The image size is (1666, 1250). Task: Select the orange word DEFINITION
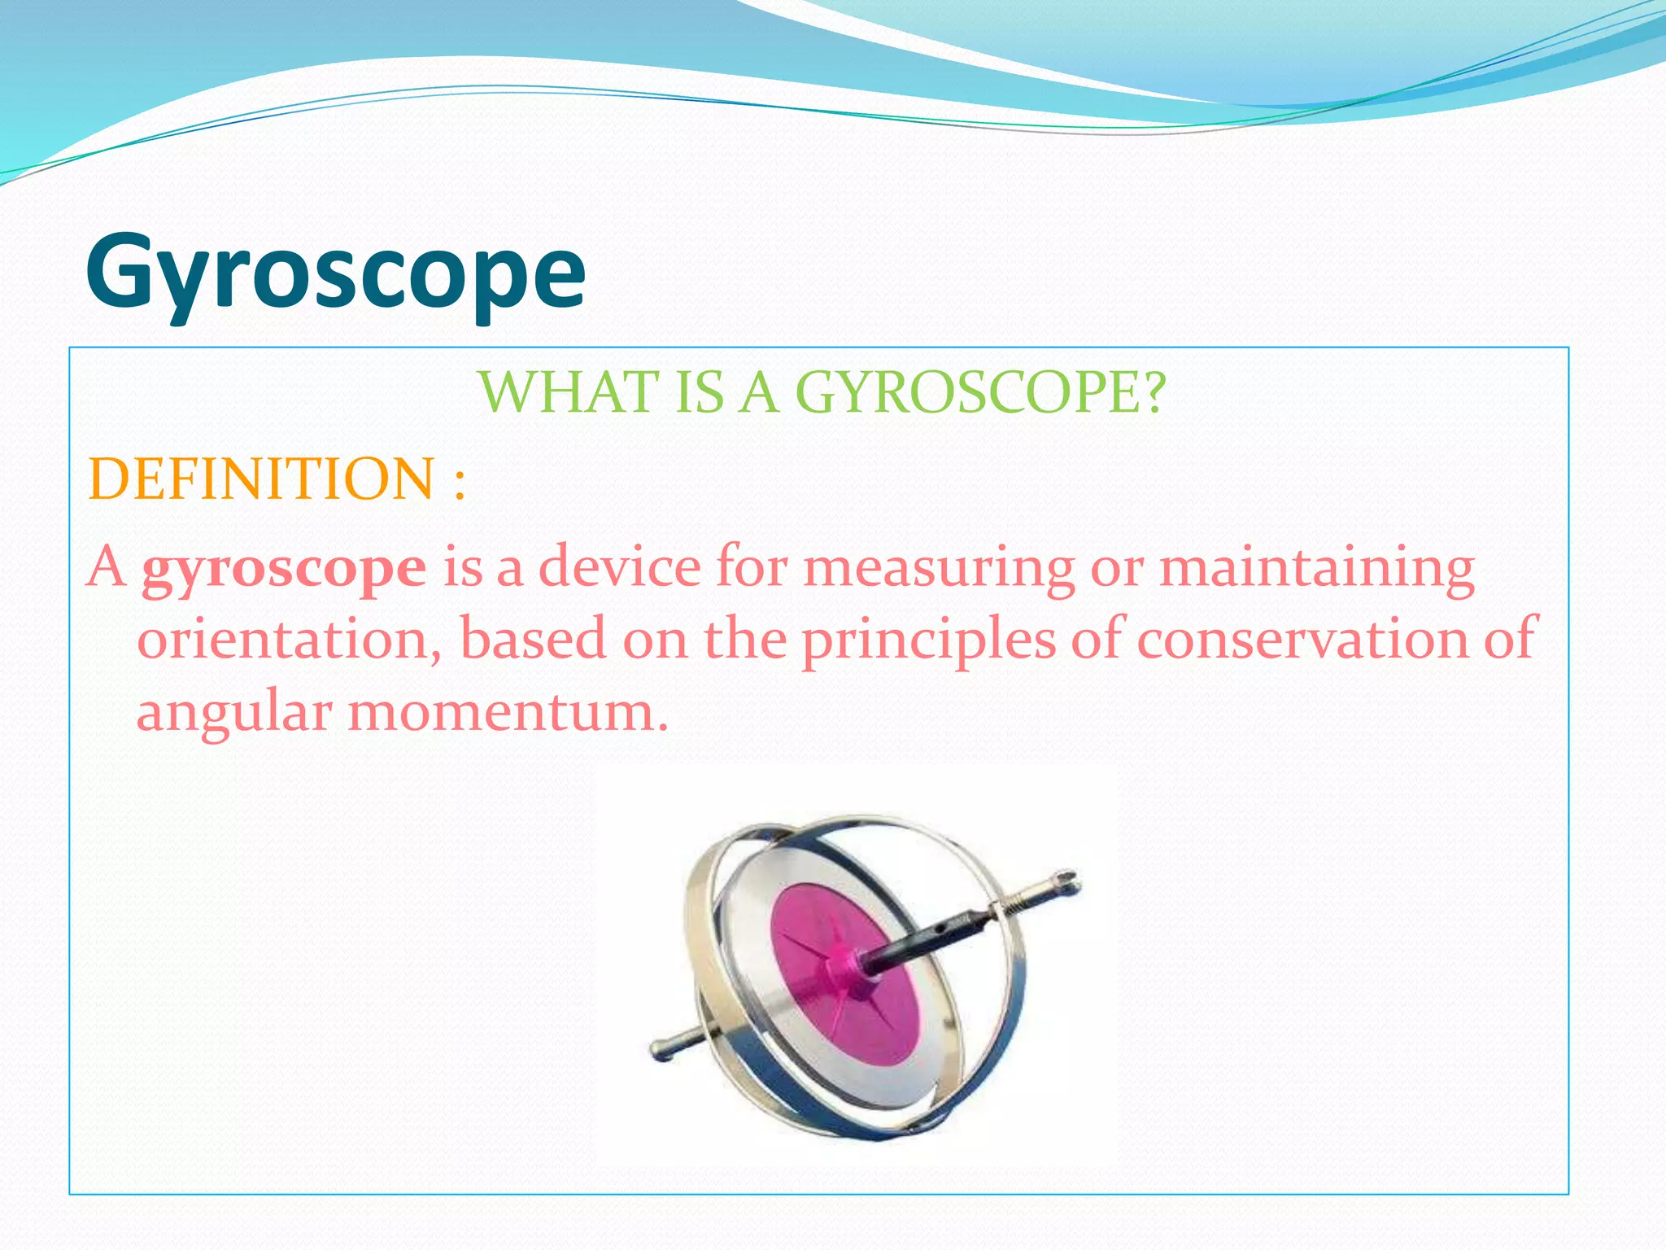pos(261,479)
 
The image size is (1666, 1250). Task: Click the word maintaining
pos(1316,568)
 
